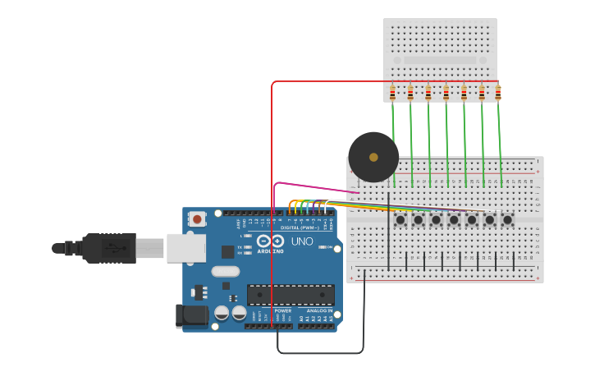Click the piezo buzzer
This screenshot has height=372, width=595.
pyautogui.click(x=373, y=157)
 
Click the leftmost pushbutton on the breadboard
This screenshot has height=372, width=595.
pyautogui.click(x=400, y=219)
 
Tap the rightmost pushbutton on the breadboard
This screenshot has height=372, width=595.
pyautogui.click(x=507, y=219)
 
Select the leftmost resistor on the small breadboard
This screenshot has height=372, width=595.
pyautogui.click(x=392, y=92)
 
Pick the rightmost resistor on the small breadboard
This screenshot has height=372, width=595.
pyautogui.click(x=498, y=92)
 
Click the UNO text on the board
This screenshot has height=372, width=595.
pyautogui.click(x=302, y=241)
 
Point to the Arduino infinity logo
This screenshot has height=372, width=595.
pyautogui.click(x=270, y=241)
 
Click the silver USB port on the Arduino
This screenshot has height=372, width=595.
pyautogui.click(x=185, y=247)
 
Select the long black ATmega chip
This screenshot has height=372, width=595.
pyautogui.click(x=291, y=295)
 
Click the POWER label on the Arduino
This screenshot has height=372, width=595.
pyautogui.click(x=283, y=310)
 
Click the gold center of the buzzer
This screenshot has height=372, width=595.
pyautogui.click(x=373, y=157)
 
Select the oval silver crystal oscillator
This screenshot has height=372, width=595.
pyautogui.click(x=225, y=271)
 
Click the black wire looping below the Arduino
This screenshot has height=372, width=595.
pyautogui.click(x=320, y=353)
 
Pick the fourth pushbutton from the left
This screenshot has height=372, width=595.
pyautogui.click(x=454, y=219)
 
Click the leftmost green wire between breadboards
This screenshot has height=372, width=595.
pyautogui.click(x=394, y=144)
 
